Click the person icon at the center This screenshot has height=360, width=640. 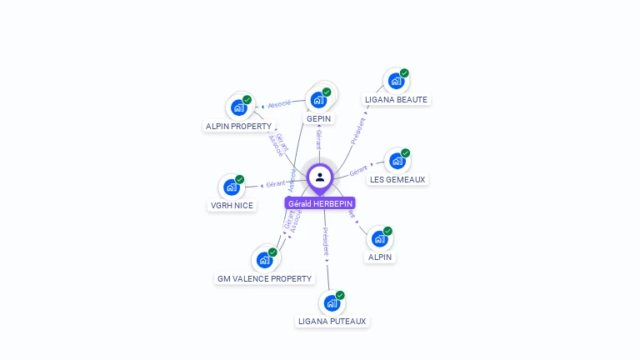click(x=320, y=177)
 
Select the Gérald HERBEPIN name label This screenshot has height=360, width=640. click(x=320, y=203)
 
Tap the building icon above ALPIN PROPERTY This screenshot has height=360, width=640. click(x=238, y=107)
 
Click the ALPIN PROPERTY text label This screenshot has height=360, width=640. click(x=238, y=127)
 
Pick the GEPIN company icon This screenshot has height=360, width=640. click(x=318, y=100)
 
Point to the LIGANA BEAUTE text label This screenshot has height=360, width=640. click(x=396, y=100)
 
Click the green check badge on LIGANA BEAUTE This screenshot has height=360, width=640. click(x=404, y=73)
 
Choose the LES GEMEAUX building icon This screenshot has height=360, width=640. click(x=397, y=161)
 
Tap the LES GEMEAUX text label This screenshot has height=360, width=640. click(x=397, y=179)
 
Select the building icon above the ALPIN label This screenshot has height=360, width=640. click(x=379, y=239)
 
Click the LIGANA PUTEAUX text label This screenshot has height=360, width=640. click(x=332, y=321)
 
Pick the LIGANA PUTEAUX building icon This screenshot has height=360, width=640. click(x=332, y=302)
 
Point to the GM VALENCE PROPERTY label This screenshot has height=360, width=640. click(x=264, y=279)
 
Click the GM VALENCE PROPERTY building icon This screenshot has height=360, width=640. click(x=264, y=260)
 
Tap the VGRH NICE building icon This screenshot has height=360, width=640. click(x=231, y=187)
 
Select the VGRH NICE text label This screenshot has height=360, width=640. click(x=232, y=206)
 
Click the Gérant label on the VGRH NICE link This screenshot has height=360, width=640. click(x=275, y=183)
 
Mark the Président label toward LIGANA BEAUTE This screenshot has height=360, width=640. click(x=358, y=131)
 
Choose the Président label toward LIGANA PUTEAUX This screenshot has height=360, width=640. click(x=326, y=240)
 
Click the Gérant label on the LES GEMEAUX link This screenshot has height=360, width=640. click(x=358, y=171)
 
